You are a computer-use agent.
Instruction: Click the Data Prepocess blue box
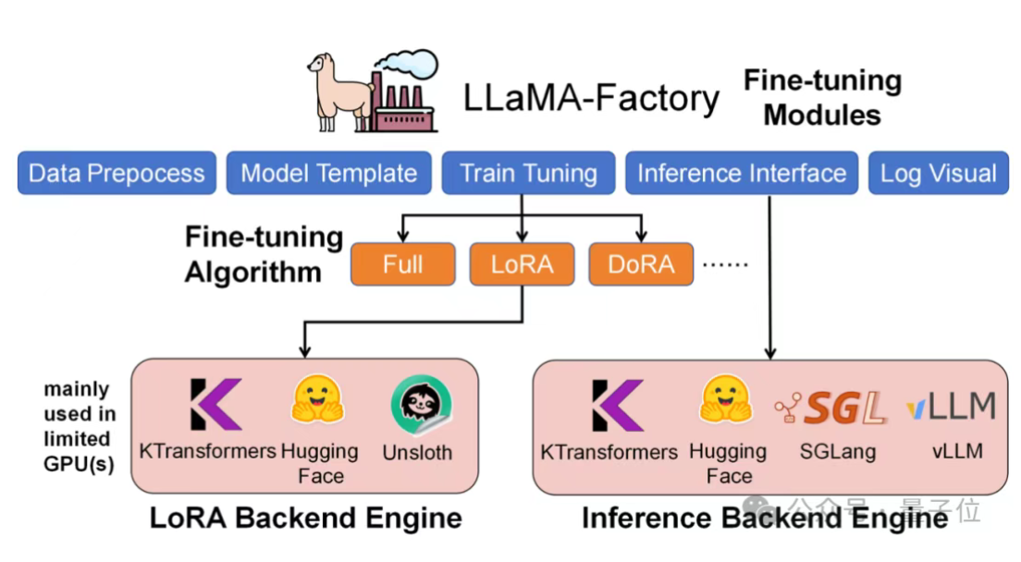pos(117,174)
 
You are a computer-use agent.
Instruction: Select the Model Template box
pos(328,174)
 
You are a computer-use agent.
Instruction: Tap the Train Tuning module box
pos(528,174)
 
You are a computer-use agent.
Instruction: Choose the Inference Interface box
pos(742,174)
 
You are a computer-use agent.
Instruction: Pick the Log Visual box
pos(938,174)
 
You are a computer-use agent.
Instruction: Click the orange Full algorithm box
pos(402,264)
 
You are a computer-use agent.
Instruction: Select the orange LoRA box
pos(522,264)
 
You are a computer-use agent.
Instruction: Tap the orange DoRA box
pos(641,264)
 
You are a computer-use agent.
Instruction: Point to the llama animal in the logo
pos(336,92)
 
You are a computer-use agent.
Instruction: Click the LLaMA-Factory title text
pos(592,97)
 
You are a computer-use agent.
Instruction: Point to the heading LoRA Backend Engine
pos(305,518)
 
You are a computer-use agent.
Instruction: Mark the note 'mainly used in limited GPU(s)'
pos(78,426)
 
